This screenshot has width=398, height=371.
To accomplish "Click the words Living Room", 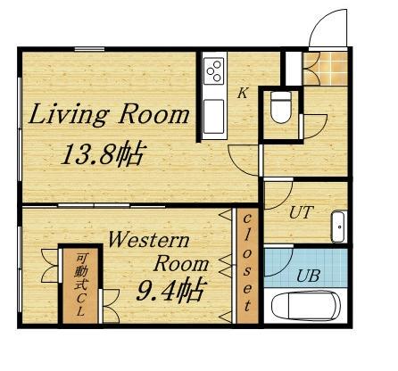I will point(111,115).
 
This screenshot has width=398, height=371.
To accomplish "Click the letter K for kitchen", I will point(241,92).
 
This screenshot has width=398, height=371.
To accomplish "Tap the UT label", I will point(300,212).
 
